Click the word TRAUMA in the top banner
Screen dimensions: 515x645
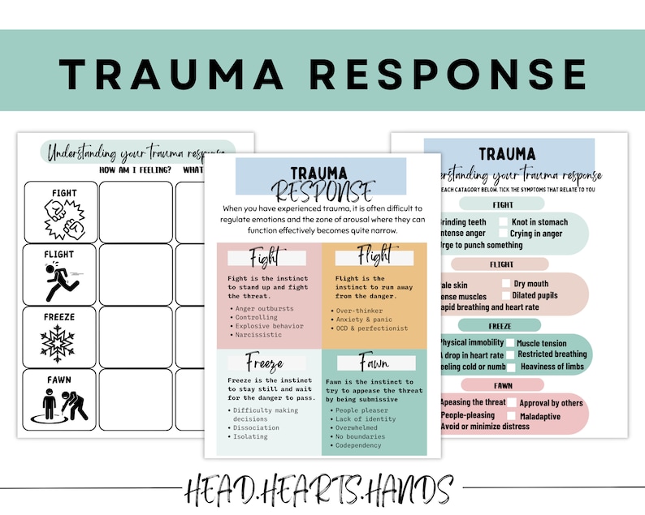tap(170, 73)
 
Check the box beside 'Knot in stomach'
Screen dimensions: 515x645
tap(504, 222)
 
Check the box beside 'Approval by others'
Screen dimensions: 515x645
tap(512, 403)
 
